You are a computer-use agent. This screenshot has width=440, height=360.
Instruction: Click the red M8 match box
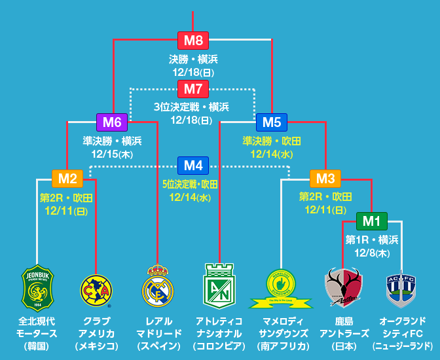(192, 40)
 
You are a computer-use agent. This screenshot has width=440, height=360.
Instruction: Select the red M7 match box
(192, 89)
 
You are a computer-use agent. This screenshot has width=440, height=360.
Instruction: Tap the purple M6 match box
(112, 122)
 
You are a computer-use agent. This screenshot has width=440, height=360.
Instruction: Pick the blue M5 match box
(271, 122)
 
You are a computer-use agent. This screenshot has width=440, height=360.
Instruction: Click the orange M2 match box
(67, 179)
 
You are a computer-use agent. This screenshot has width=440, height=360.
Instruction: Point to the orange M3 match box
(325, 179)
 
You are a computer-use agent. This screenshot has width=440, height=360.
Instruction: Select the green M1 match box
(371, 221)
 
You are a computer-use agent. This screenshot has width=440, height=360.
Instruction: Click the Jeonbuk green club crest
(37, 287)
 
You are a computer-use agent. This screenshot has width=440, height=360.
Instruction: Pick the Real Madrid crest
(157, 287)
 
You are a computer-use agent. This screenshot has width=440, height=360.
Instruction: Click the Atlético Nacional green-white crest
(219, 286)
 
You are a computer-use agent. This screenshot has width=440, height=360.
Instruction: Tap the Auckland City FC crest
(401, 289)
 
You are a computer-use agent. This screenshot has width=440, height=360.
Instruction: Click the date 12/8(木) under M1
(371, 253)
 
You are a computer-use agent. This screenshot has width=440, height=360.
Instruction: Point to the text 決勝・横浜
(192, 59)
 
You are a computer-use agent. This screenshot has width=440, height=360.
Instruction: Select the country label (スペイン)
(158, 346)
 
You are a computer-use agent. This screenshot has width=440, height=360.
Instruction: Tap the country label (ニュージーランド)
(402, 346)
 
